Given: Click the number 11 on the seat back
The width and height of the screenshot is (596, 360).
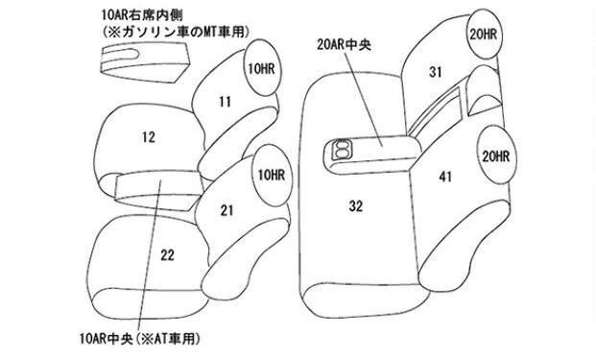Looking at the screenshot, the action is click(x=225, y=102).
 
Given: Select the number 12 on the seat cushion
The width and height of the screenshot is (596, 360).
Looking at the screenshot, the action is click(x=149, y=137).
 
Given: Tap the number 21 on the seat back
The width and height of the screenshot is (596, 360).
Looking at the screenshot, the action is click(x=226, y=210).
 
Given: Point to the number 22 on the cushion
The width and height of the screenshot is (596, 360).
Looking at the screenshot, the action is click(x=167, y=254).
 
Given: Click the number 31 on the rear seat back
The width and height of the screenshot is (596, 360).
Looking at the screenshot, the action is click(x=436, y=71).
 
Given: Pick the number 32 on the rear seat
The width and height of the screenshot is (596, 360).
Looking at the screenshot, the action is click(x=356, y=205).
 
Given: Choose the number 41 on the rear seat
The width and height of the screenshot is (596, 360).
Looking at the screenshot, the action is click(x=445, y=177).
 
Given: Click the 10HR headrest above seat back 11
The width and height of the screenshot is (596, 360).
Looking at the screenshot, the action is click(x=262, y=67).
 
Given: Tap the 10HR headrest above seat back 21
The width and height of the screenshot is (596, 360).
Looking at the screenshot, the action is click(x=271, y=176).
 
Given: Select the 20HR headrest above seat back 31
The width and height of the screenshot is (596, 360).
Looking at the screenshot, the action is click(x=483, y=35).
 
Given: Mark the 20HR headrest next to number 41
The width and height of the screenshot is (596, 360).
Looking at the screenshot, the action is click(x=496, y=156).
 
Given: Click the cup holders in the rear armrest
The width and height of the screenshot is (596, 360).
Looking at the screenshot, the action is click(x=342, y=149).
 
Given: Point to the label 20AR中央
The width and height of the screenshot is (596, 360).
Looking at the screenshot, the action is click(x=344, y=45).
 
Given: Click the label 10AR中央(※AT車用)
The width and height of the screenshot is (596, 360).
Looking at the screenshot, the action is click(x=139, y=338).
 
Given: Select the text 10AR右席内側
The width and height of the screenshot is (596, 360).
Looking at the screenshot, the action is click(x=142, y=15).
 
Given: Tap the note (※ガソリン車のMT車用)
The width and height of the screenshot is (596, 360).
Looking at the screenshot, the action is click(x=176, y=32).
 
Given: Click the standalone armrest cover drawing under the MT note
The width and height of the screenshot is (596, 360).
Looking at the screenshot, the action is click(x=144, y=61).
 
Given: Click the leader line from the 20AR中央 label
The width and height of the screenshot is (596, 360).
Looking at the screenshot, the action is click(x=364, y=99).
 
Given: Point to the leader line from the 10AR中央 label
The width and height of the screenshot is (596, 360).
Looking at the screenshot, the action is click(x=151, y=255).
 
